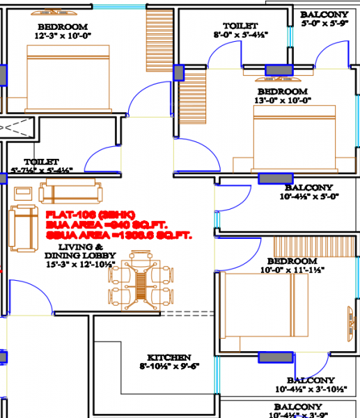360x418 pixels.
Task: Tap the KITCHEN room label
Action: point(168,357)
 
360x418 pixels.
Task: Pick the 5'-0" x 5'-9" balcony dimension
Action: point(324,23)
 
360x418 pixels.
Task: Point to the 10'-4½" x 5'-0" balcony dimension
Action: point(308,196)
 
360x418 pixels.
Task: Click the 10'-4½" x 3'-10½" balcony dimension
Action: point(310,389)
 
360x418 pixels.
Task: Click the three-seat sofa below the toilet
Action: point(70,192)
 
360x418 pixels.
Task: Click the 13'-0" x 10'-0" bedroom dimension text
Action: point(283,100)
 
